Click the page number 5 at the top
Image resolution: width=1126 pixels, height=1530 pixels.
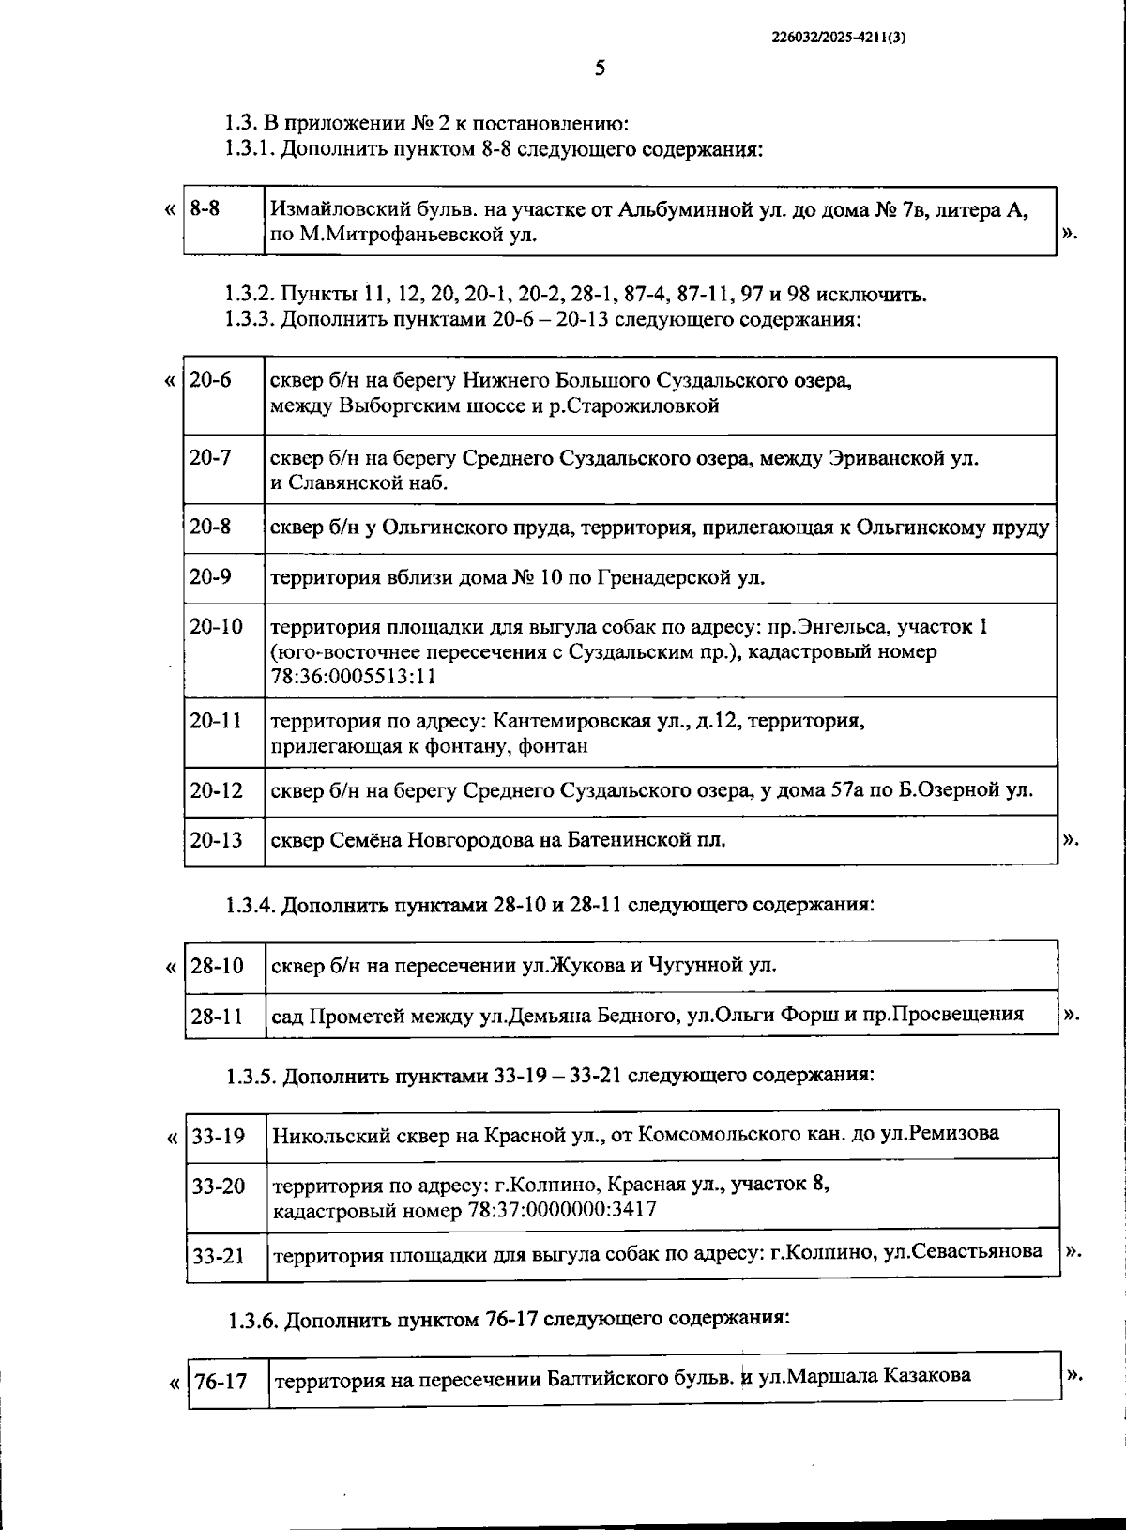click(x=600, y=68)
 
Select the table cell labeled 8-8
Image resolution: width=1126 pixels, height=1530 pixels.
click(x=205, y=208)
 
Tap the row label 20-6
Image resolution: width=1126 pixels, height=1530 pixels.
click(x=210, y=381)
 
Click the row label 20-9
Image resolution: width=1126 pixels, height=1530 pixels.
click(x=210, y=576)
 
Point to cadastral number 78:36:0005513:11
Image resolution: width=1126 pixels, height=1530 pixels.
click(x=353, y=676)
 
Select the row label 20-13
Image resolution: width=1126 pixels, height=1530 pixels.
click(x=216, y=839)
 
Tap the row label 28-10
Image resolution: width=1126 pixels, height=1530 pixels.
click(x=217, y=965)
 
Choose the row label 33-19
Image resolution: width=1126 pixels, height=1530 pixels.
click(x=219, y=1136)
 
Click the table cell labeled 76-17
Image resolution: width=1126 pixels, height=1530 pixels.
click(x=221, y=1382)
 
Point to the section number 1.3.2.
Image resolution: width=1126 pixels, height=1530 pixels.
click(x=250, y=294)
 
